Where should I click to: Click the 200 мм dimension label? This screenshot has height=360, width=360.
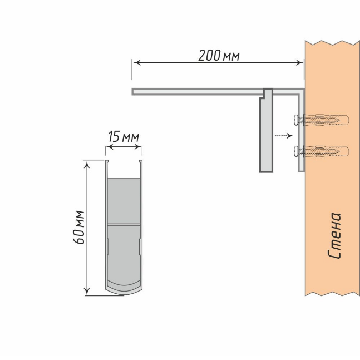[219, 56]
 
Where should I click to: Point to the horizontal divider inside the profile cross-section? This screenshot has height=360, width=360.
[124, 224]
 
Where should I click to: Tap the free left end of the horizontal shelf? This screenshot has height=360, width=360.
[134, 91]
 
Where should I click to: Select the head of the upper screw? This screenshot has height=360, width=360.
[295, 119]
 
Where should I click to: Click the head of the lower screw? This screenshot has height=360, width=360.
[295, 150]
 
